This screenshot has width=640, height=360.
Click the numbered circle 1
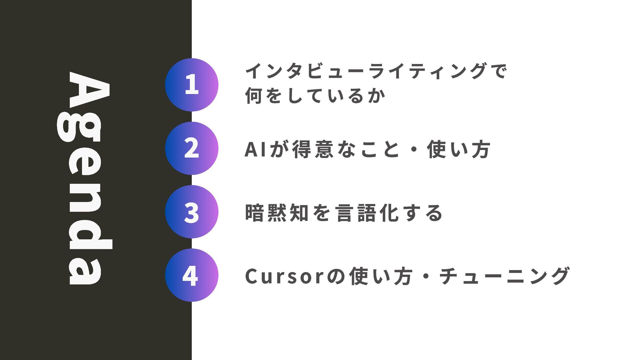192,85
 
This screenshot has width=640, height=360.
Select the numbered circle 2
192,148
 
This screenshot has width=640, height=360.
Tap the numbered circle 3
192,212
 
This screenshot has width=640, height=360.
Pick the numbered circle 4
192,275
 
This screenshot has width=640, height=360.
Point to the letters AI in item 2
255,149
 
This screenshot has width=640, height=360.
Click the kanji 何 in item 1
254,96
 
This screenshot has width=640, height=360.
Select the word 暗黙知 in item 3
277,213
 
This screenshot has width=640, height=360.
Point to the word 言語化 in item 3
367,213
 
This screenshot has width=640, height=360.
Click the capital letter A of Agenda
89,90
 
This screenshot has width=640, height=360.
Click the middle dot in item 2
414,149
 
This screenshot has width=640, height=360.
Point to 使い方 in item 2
458,149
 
